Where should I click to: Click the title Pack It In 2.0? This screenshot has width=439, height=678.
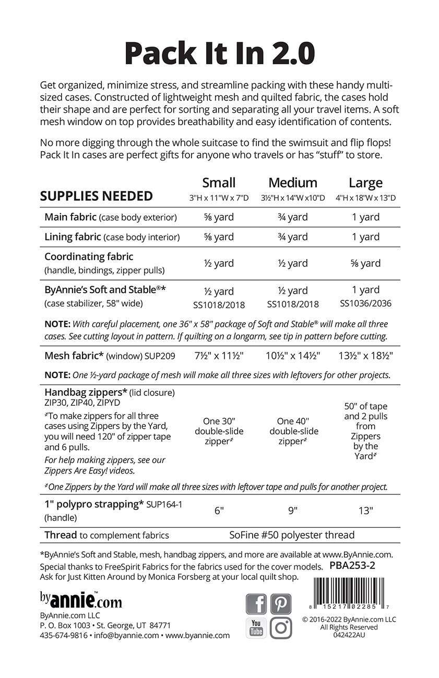click(219, 53)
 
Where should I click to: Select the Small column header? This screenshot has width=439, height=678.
click(219, 183)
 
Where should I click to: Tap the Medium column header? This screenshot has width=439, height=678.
click(293, 183)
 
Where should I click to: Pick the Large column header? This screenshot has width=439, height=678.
click(365, 183)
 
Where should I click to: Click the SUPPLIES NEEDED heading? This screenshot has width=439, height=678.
click(97, 196)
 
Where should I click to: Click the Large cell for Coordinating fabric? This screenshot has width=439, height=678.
click(365, 263)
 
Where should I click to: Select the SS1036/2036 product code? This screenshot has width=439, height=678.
click(365, 303)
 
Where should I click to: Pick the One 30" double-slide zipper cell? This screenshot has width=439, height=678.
click(219, 431)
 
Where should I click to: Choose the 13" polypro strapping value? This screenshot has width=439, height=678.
click(365, 511)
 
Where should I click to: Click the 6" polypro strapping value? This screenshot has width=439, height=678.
click(219, 511)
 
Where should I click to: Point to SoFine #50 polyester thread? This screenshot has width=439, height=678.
click(292, 535)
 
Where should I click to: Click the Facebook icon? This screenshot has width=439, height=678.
click(256, 604)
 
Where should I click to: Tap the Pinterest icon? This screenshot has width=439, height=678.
click(281, 604)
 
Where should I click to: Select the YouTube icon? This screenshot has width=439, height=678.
click(256, 628)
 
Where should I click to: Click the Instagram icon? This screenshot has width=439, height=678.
click(281, 628)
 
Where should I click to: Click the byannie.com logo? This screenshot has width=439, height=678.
click(81, 600)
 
